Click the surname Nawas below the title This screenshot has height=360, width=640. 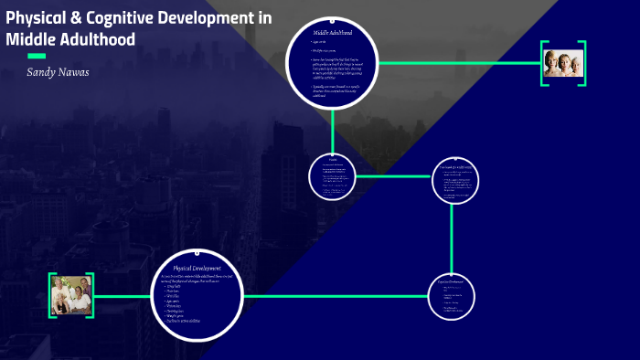(x=77, y=70)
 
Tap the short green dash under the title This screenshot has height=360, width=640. (x=37, y=56)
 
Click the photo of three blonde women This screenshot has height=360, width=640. (x=563, y=62)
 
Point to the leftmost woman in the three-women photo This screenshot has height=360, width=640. (x=551, y=62)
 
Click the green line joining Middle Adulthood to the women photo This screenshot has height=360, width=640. (x=457, y=63)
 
